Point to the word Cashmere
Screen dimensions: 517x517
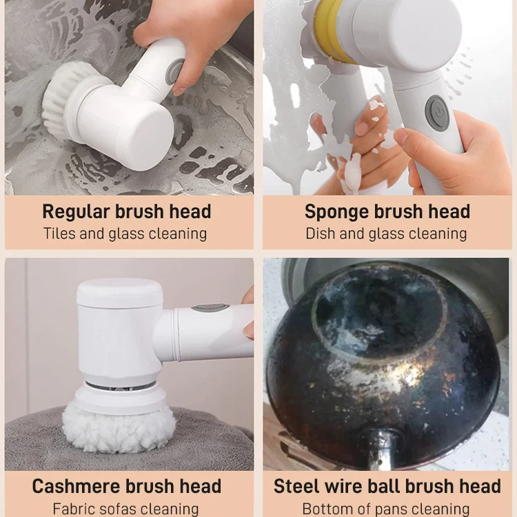click(76, 486)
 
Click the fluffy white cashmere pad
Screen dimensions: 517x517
click(119, 429)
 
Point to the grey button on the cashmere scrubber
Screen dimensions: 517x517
click(210, 307)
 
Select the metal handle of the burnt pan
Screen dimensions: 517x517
click(384, 449)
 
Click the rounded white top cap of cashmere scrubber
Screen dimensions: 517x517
click(120, 293)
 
